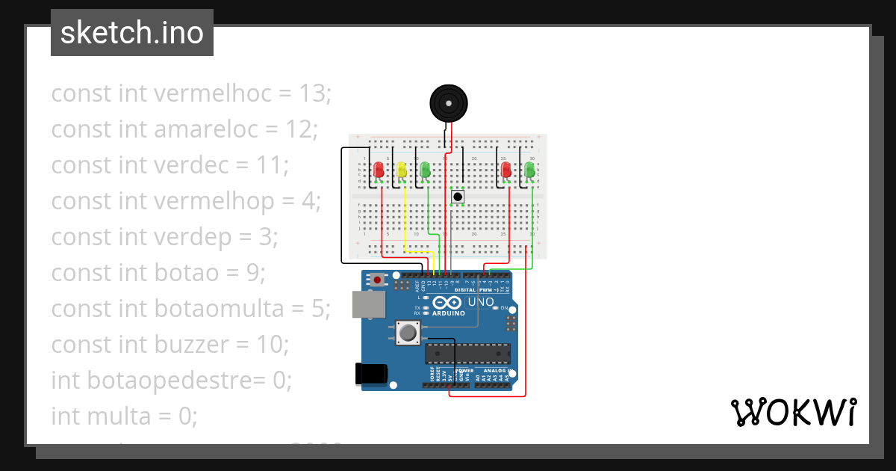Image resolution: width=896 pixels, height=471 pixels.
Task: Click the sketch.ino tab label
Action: [x=131, y=33]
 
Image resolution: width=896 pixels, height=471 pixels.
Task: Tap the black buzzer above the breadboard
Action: [x=448, y=102]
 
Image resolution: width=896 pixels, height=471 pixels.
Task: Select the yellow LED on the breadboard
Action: [x=402, y=170]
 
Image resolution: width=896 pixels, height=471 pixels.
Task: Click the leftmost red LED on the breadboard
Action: [x=379, y=170]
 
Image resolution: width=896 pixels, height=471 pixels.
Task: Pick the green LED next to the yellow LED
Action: [x=425, y=170]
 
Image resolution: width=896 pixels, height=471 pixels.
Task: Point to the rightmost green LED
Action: [x=529, y=170]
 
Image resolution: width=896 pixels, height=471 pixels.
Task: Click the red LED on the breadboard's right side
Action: [x=506, y=170]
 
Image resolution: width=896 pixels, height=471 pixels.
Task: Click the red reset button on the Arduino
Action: [x=378, y=280]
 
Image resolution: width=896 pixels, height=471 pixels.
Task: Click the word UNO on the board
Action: [x=480, y=302]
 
